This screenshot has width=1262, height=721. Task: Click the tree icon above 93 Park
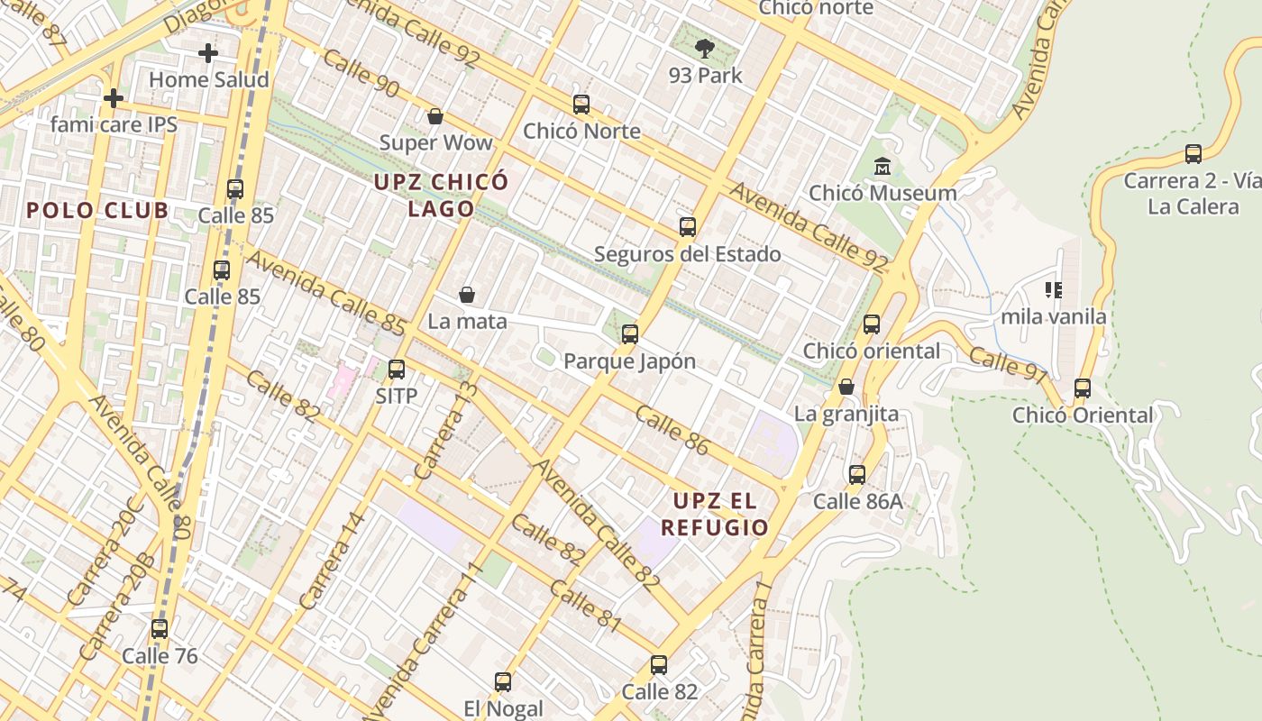pos(705,49)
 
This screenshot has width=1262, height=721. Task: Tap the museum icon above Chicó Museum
pos(882,167)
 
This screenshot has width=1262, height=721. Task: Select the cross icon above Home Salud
pos(208,53)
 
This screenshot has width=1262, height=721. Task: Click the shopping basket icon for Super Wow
pos(435,116)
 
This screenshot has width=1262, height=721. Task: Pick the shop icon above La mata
pos(467,295)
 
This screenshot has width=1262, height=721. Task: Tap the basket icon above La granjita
pos(846,388)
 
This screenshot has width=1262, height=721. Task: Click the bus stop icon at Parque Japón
pos(630,334)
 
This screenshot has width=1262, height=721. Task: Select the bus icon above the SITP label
pos(396,369)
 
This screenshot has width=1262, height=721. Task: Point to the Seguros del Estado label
pos(687,254)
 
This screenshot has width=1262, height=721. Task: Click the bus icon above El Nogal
pos(503,682)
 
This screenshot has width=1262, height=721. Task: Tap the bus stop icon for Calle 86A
pos(857,474)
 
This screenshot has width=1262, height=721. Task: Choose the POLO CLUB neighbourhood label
pos(97,211)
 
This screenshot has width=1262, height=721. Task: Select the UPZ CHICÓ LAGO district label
pos(442,196)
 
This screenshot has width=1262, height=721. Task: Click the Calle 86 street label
pos(672,431)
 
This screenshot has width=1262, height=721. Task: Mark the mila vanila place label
pos(1053,317)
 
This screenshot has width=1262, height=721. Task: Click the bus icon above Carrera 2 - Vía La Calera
pos(1193,154)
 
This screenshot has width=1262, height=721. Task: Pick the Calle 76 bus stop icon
pos(160,629)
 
